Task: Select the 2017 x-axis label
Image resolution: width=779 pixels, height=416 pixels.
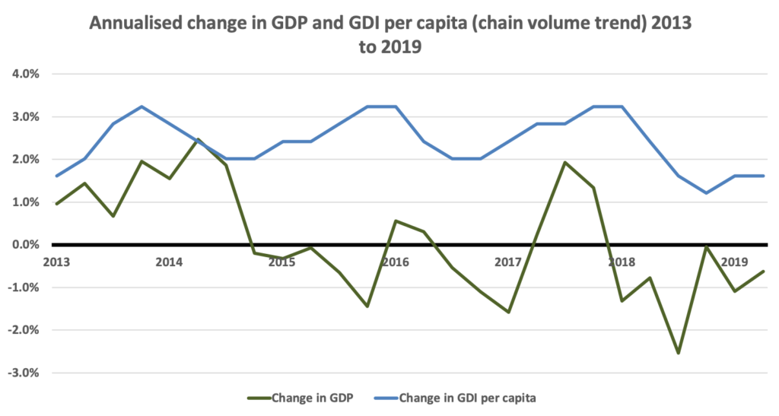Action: point(508,262)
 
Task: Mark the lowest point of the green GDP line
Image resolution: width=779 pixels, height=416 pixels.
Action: point(678,353)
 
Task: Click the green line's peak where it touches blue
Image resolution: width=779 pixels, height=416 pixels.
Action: point(198,139)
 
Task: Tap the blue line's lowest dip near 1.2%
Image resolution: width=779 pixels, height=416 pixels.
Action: point(707,192)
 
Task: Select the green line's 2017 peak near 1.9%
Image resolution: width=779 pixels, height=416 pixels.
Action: point(565,162)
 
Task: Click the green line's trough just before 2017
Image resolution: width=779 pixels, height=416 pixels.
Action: point(509,312)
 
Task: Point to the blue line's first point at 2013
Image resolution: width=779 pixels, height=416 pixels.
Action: point(56,176)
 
